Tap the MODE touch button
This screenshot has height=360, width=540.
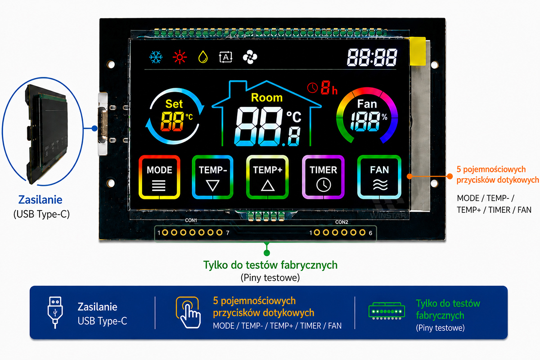coord(159,177)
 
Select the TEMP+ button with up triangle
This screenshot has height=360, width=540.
coord(267,177)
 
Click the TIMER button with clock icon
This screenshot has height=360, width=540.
coord(323,177)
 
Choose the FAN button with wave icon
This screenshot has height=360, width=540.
coord(379,177)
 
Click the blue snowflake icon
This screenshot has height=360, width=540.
coord(156,57)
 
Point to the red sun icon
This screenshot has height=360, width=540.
coord(180,57)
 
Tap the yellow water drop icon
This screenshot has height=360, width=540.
coord(203,57)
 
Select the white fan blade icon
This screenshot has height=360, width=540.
coord(250,57)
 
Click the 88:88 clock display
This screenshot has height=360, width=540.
coord(372,57)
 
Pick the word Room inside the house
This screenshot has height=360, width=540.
coord(266,98)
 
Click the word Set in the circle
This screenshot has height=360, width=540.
coord(174,104)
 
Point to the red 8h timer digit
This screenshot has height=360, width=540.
coord(325,87)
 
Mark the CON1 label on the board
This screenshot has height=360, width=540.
coord(191,220)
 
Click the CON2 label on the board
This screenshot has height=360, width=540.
coord(342,222)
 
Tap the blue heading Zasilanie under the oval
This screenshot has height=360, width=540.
coord(40,200)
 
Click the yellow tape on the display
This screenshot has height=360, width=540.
coord(418,51)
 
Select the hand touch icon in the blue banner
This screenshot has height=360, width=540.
coord(188,312)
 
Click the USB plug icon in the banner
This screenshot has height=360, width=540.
coord(55,312)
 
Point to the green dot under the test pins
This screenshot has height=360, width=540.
coord(266,253)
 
